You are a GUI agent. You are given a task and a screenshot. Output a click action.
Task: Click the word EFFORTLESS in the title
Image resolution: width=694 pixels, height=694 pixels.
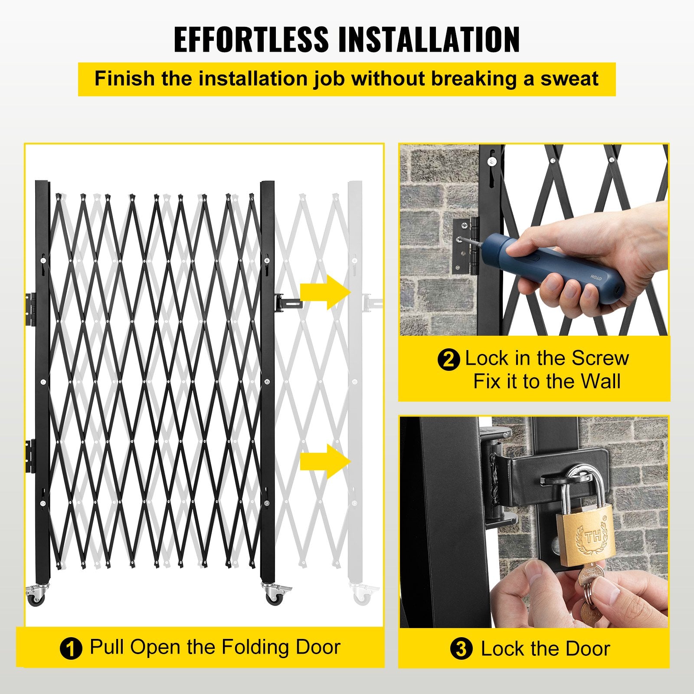[251, 39]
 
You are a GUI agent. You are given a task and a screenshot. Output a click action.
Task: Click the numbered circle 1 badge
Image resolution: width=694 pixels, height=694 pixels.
[71, 649]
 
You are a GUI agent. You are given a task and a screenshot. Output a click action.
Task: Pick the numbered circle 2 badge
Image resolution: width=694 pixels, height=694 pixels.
[448, 360]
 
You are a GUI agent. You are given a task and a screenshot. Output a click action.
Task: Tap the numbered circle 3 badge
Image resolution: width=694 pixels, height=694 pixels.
[461, 649]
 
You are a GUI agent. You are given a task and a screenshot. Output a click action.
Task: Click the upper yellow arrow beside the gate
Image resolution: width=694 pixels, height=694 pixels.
[325, 292]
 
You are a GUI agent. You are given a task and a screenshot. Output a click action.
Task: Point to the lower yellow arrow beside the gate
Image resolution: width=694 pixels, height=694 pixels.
[325, 461]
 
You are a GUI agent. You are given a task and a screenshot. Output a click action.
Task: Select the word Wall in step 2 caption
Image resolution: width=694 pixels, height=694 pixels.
[601, 382]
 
